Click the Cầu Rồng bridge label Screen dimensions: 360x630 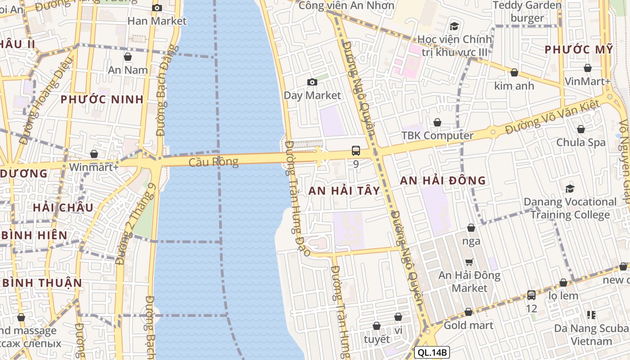coord(213,162)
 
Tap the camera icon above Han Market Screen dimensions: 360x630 coord(157,8)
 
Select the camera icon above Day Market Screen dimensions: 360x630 coord(312,82)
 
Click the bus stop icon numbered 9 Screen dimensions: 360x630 coord(355,150)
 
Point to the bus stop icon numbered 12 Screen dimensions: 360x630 coord(531,295)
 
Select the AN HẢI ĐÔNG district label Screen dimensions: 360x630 coord(443,180)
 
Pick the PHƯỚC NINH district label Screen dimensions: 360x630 coord(102,99)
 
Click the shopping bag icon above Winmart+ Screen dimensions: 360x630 coord(94,154)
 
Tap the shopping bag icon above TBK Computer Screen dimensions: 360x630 coord(437,122)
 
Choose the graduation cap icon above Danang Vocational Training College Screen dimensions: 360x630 coord(570,189)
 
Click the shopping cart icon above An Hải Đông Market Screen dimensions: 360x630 coord(469,261)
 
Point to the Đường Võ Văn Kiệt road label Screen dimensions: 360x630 coord(552,117)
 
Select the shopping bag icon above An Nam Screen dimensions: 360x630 coord(128,57)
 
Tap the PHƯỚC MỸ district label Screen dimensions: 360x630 coord(579,49)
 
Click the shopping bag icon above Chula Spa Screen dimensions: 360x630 coord(581,129)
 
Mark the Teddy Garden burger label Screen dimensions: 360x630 coord(527,12)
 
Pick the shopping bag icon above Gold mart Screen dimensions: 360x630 coord(468,312)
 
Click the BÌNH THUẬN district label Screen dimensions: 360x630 coord(43,283)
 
